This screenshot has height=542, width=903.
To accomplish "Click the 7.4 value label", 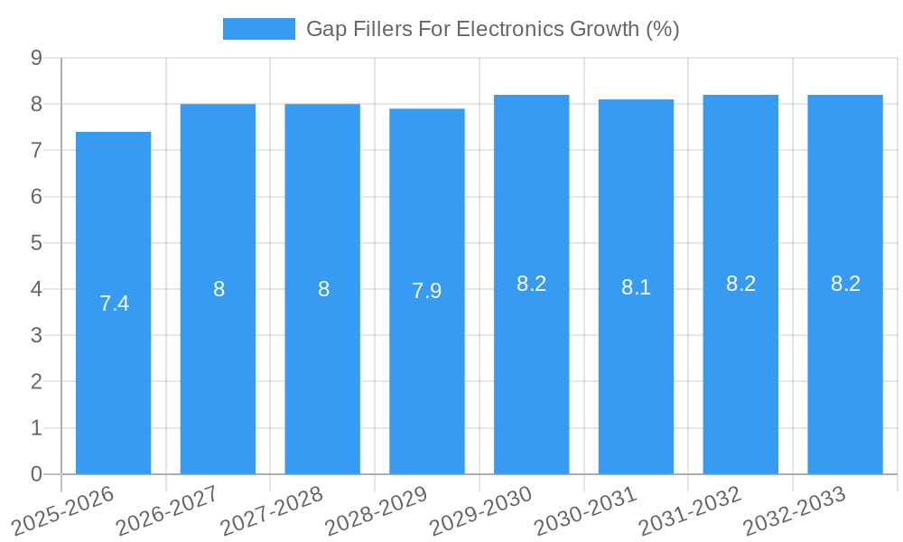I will [115, 304].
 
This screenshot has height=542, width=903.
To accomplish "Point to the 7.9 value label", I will [427, 291].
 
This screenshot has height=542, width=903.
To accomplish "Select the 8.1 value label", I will [636, 287].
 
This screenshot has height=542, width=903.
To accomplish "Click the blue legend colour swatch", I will [258, 29].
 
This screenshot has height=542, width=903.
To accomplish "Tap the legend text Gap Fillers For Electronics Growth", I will [492, 29].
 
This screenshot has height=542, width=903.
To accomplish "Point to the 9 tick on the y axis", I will [36, 58].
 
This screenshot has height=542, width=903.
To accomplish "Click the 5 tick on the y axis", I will [36, 243].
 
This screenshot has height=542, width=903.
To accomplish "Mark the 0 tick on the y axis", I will [36, 474].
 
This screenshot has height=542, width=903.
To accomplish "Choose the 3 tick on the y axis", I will [36, 336].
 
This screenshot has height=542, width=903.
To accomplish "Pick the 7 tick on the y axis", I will [36, 151].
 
